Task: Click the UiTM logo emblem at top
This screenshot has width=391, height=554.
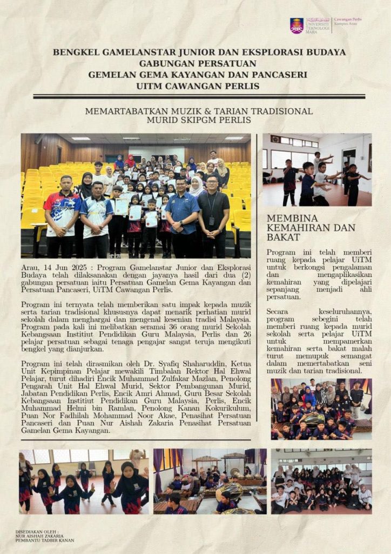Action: pyautogui.click(x=296, y=25)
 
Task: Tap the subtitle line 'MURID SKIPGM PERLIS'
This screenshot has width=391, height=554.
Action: pyautogui.click(x=199, y=121)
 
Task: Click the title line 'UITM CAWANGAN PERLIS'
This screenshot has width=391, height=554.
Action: pyautogui.click(x=198, y=86)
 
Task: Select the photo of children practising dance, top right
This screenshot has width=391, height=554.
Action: pyautogui.click(x=317, y=170)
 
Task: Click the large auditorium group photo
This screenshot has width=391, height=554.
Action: pyautogui.click(x=136, y=195)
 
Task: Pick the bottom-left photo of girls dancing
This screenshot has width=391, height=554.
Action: pyautogui.click(x=84, y=481)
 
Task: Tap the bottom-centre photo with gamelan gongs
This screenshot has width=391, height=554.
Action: pyautogui.click(x=210, y=481)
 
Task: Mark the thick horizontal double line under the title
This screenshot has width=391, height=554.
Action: pyautogui.click(x=199, y=96)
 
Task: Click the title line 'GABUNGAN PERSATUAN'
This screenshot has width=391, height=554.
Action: pyautogui.click(x=198, y=63)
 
